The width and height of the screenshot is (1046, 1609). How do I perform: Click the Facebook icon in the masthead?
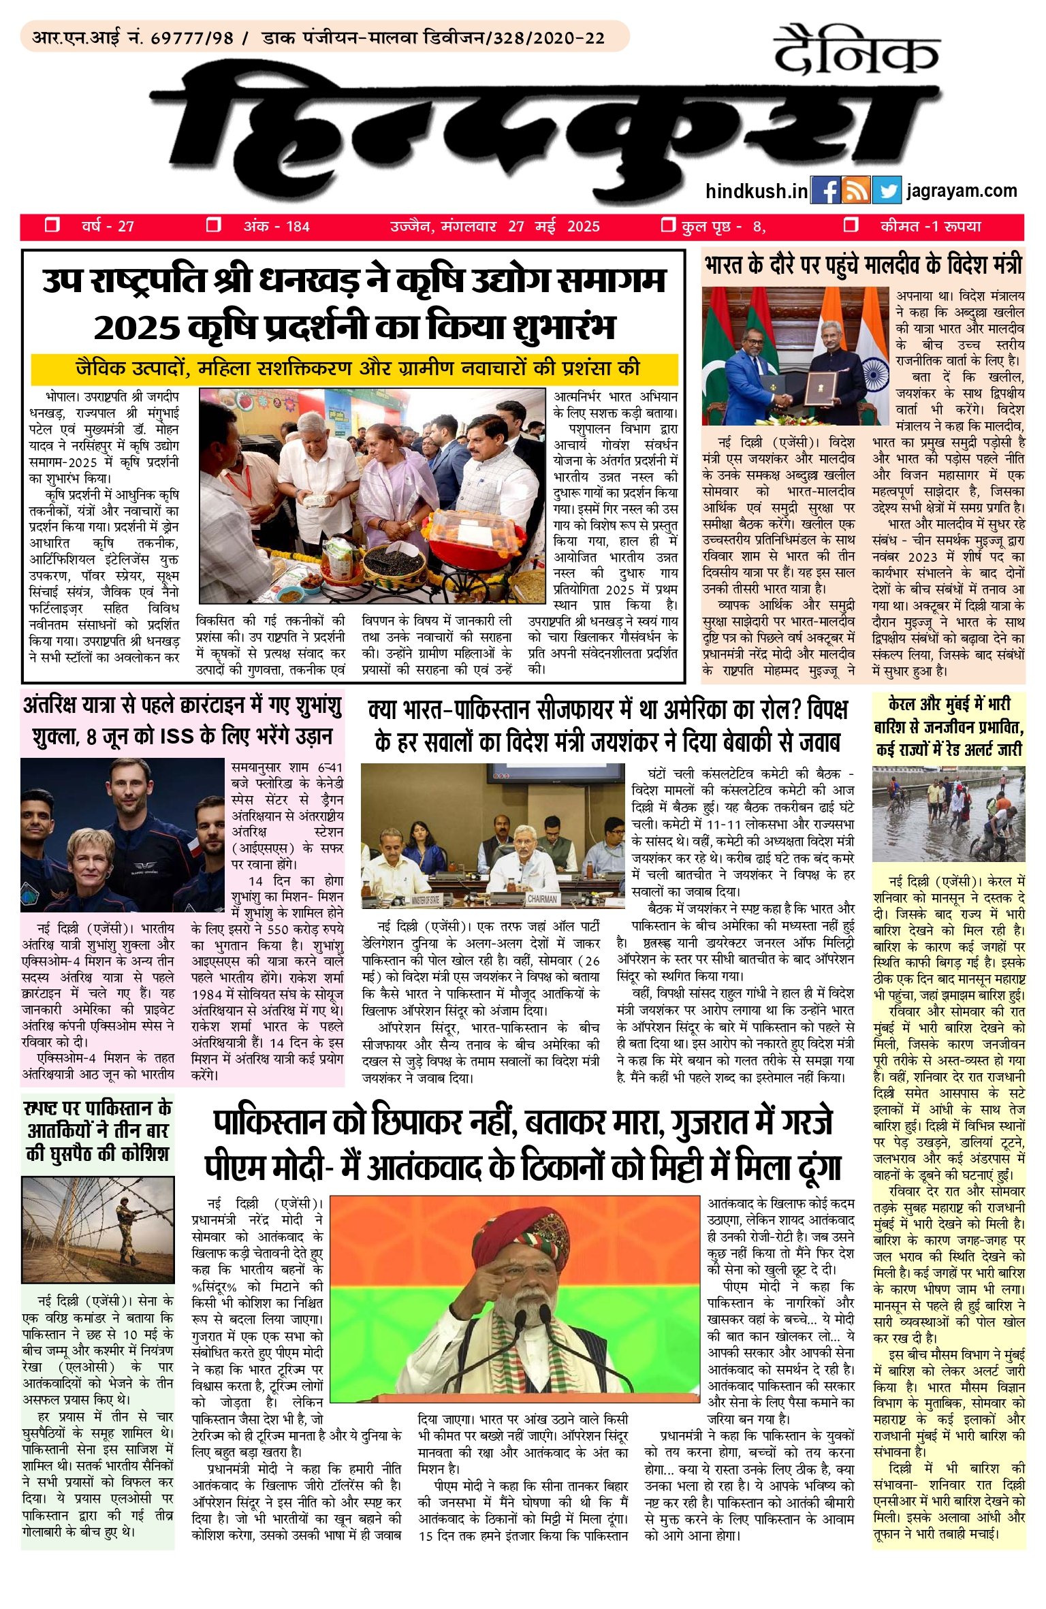point(826,191)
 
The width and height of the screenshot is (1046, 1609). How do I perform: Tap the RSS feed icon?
point(856,191)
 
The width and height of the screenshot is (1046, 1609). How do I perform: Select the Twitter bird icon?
point(887,191)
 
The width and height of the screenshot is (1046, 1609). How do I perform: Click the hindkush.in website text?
point(757,191)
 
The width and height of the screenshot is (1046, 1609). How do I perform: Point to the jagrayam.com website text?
point(962,191)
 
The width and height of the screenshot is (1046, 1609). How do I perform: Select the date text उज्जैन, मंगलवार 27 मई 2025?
point(494,226)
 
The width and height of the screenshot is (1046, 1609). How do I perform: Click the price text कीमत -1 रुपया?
point(930,226)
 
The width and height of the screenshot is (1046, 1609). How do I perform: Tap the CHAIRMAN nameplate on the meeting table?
point(542,899)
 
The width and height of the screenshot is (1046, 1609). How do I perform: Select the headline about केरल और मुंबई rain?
point(949,727)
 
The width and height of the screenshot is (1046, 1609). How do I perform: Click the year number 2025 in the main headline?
point(135,328)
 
